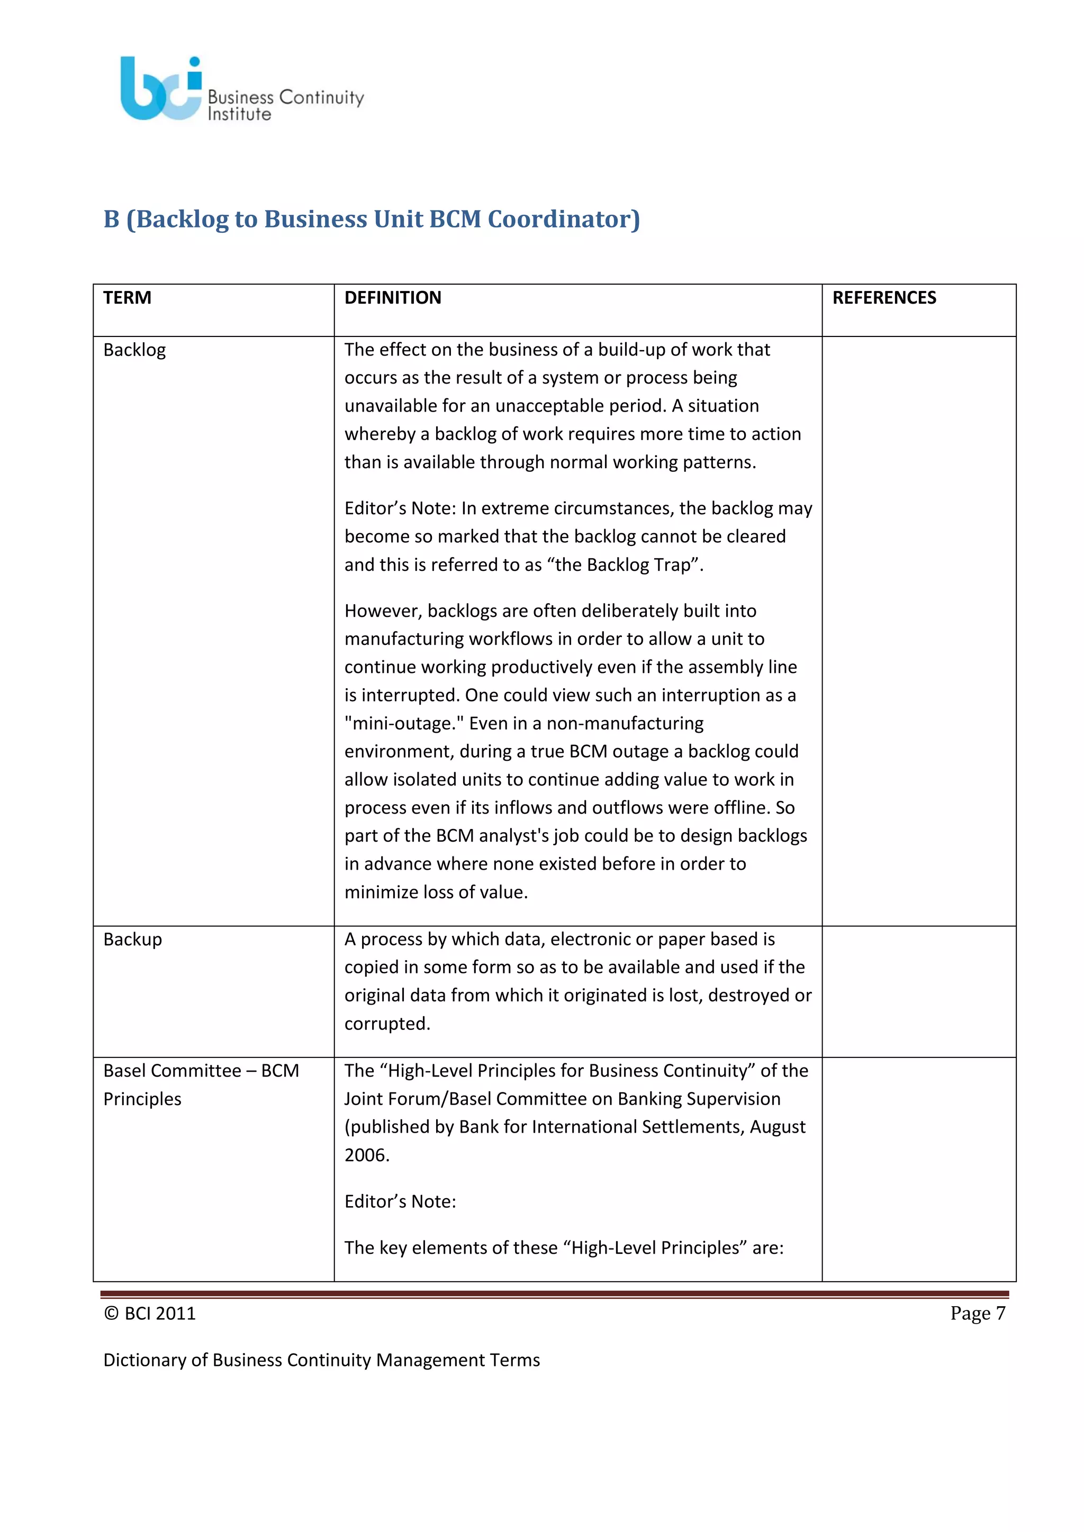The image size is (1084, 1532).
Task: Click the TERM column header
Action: point(127,298)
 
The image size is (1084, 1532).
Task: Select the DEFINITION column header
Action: point(393,298)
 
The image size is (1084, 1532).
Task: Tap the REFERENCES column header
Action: point(884,298)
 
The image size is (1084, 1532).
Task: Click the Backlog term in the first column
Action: point(134,350)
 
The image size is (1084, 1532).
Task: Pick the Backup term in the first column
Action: point(132,939)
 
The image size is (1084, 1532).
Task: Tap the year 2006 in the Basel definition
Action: point(366,1155)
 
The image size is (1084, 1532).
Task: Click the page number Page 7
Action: point(977,1313)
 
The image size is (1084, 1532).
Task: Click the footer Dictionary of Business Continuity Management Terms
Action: point(321,1360)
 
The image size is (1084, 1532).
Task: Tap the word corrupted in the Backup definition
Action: point(386,1024)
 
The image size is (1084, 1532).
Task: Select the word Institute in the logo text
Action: point(239,115)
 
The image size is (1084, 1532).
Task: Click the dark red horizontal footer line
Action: point(554,1294)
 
